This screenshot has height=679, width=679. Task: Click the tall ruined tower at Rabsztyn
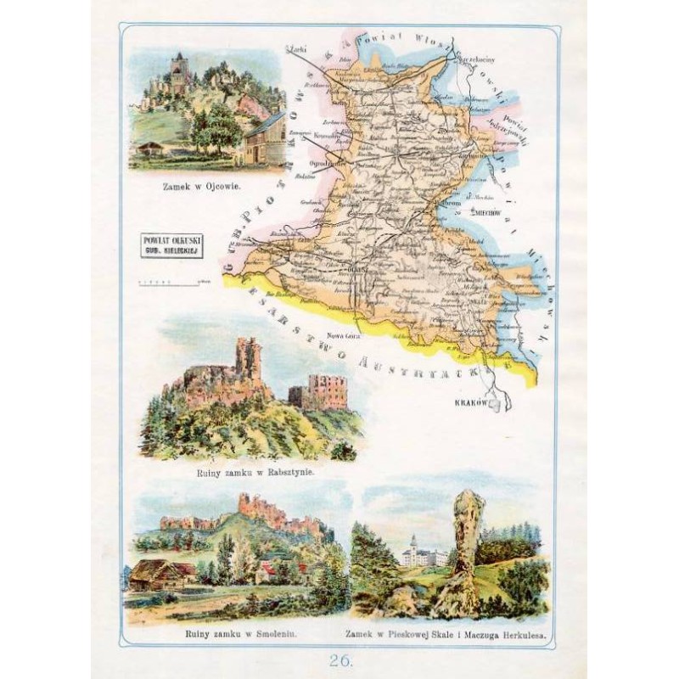248,361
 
